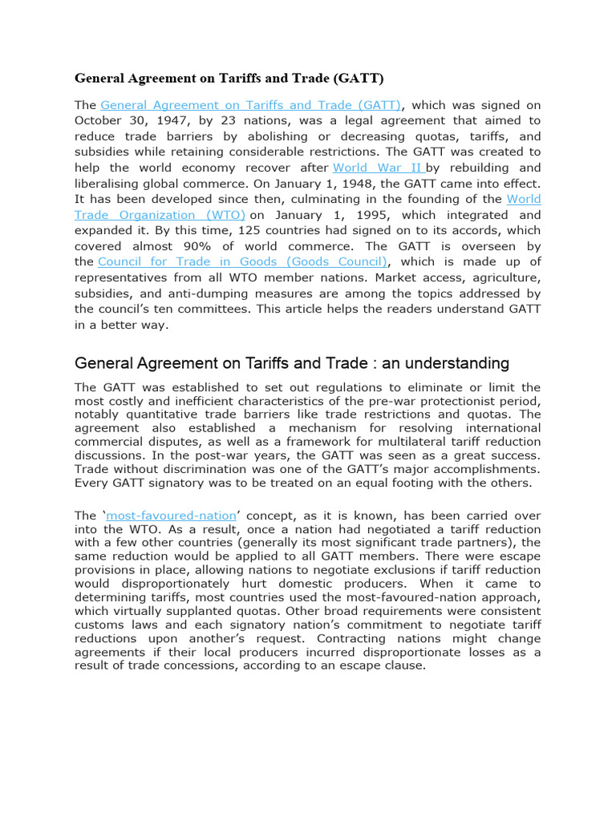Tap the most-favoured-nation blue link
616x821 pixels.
[172, 515]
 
